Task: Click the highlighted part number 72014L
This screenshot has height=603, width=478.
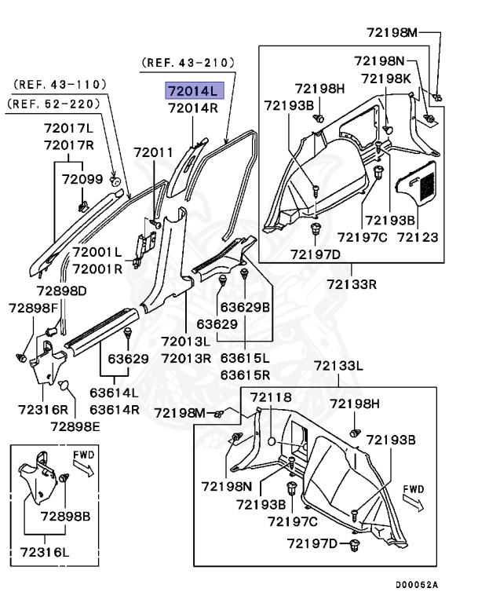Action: (x=192, y=90)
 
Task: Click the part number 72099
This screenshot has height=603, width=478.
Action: (x=82, y=180)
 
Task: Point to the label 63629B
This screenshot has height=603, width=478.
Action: (x=244, y=306)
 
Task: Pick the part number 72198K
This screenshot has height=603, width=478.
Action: (x=386, y=78)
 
